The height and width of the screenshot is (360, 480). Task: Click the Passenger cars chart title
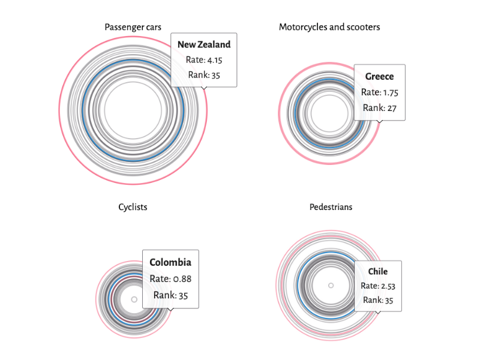133,27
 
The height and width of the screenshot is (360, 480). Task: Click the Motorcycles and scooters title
329,27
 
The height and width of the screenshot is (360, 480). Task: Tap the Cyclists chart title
133,207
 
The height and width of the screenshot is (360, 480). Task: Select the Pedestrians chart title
331,207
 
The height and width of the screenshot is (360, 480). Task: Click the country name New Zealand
204,44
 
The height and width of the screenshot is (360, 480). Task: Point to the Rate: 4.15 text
204,60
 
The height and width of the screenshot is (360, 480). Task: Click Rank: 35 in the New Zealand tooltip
204,75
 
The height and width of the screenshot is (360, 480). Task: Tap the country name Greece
379,76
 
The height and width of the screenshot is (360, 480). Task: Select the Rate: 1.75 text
379,92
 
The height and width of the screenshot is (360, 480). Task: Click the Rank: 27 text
379,108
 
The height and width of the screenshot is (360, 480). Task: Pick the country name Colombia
170,262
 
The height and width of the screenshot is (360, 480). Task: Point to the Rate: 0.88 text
170,278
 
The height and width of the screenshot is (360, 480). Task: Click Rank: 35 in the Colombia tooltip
170,295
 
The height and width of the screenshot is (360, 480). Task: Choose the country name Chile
378,271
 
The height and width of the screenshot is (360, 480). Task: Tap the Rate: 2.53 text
378,286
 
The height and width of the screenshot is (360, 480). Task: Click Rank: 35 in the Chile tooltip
378,300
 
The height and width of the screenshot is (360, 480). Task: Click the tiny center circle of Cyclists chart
134,298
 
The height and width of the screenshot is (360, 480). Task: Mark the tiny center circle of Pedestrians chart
331,285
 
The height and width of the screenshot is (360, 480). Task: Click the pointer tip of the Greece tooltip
379,122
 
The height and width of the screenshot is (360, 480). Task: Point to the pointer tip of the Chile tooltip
378,313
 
